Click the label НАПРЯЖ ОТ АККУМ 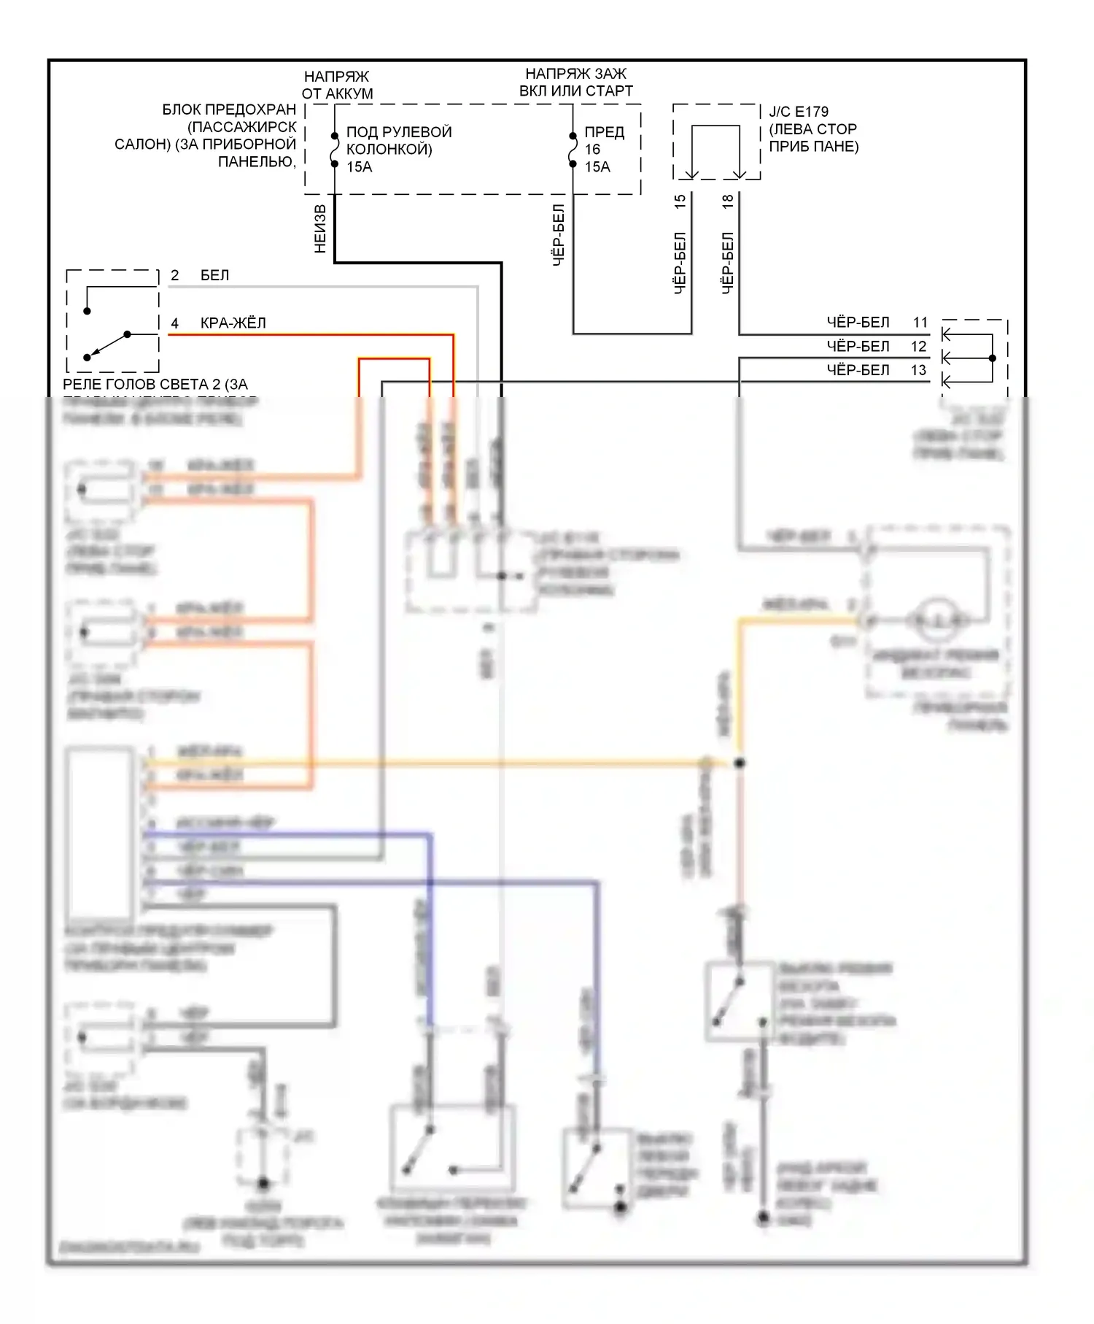click(x=337, y=85)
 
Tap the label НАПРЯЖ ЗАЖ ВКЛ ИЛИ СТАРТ click(x=575, y=82)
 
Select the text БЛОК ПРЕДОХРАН click(x=229, y=109)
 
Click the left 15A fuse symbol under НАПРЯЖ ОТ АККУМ click(x=335, y=150)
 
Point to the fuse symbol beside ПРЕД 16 click(x=573, y=150)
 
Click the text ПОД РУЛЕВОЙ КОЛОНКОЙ click(x=398, y=141)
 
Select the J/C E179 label click(x=799, y=112)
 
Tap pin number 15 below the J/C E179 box click(x=680, y=202)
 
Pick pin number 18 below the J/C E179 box click(x=728, y=202)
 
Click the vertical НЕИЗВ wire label click(x=320, y=228)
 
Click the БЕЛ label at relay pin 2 click(x=214, y=275)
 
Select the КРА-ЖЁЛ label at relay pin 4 click(x=233, y=323)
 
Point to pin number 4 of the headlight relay click(x=175, y=323)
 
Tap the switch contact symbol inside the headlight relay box click(x=107, y=345)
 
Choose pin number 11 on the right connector click(x=920, y=322)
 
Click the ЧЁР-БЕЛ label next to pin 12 click(x=858, y=346)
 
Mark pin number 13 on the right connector click(x=919, y=370)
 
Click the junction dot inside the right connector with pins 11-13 click(x=992, y=358)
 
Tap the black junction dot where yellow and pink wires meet click(x=740, y=763)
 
